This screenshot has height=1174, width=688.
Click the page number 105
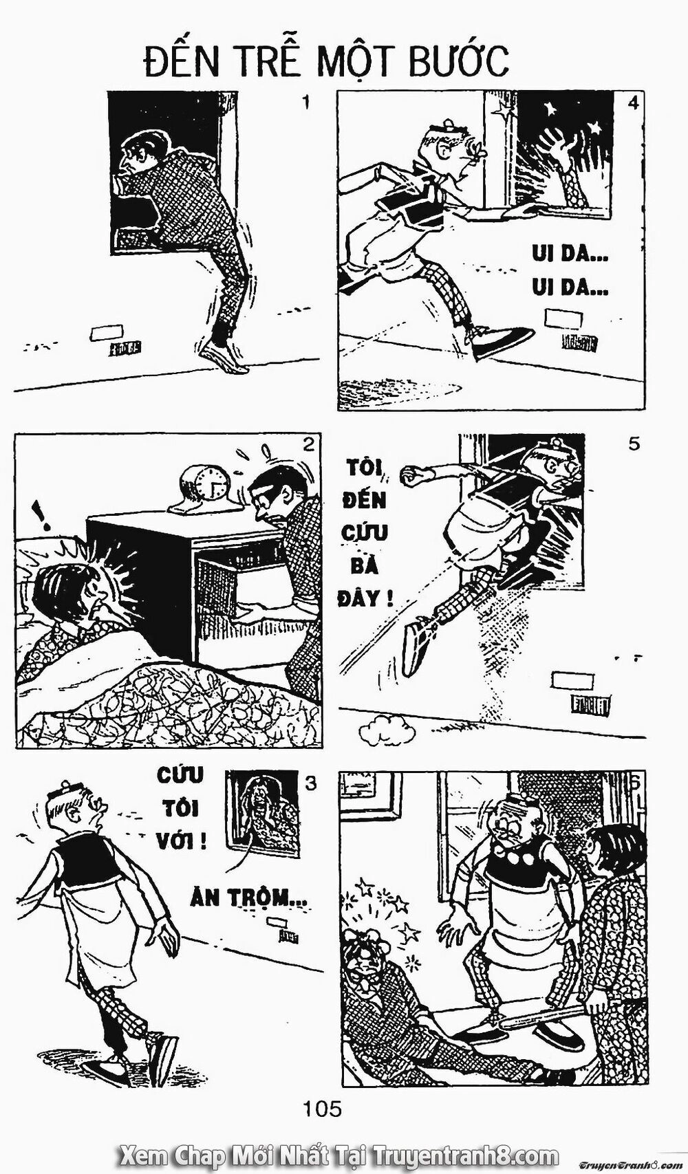tap(323, 1109)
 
